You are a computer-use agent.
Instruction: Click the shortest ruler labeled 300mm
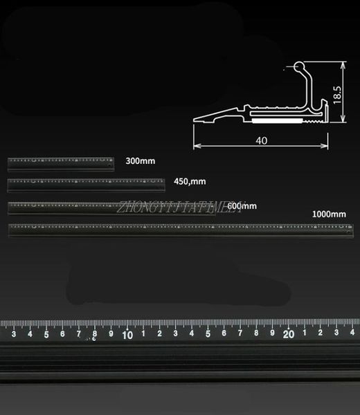pos(62,163)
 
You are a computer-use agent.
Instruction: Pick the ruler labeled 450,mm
pos(87,184)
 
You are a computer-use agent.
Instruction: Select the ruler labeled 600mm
pos(111,207)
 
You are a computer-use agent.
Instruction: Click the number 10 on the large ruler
pos(127,335)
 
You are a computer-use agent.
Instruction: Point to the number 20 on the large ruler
pos(289,335)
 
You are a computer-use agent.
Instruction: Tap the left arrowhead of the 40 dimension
pos(195,146)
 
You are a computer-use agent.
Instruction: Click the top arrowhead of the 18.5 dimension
pos(343,64)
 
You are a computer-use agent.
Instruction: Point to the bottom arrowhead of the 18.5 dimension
pos(343,122)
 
